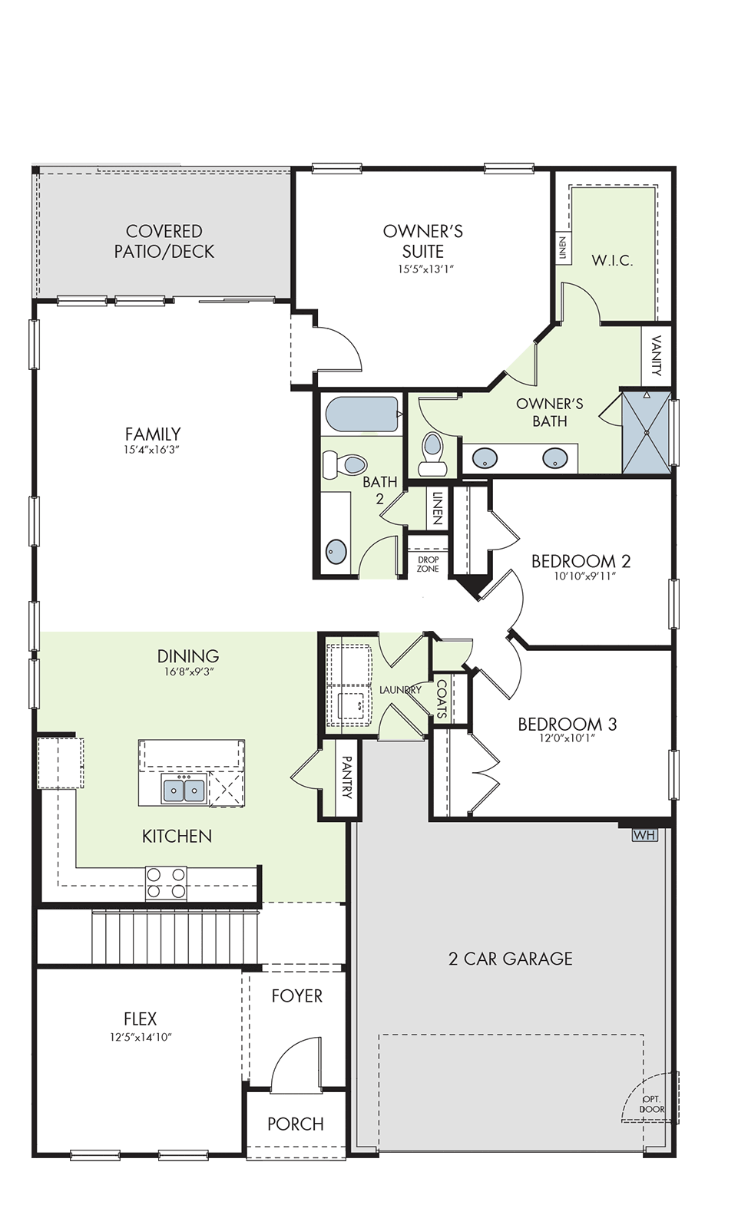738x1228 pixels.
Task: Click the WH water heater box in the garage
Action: point(644,835)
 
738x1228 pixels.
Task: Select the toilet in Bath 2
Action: point(345,465)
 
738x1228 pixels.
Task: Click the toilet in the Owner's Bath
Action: point(432,454)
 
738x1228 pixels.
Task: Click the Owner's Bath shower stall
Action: point(647,433)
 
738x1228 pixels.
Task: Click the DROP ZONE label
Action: point(428,564)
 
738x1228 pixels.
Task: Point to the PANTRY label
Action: point(347,777)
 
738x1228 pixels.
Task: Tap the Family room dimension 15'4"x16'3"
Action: point(152,450)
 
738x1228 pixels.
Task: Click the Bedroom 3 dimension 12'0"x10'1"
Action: point(568,738)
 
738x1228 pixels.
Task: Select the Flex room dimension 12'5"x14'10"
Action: point(141,1037)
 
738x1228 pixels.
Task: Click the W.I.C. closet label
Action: point(612,260)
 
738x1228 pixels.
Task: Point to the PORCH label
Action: point(295,1124)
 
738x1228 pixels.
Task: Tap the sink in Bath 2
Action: point(336,551)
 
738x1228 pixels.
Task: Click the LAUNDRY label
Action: point(401,690)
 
